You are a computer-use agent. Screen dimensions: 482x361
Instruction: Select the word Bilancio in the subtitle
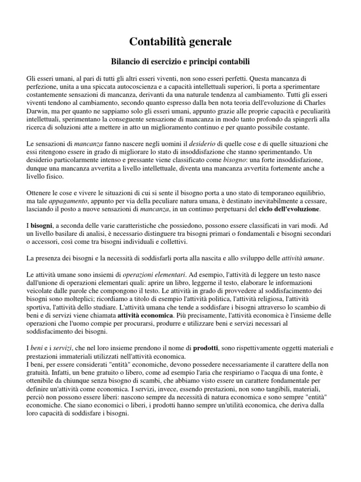127,61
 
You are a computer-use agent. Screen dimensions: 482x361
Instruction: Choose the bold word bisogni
43,225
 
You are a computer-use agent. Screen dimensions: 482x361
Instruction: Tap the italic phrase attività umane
302,258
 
